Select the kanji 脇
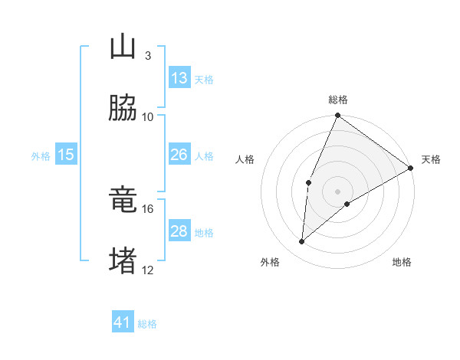coord(123,108)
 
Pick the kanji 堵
coord(123,260)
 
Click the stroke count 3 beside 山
coord(147,56)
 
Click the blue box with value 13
coord(179,78)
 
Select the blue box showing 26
coord(179,155)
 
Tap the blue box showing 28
coord(179,231)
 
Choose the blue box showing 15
coord(66,155)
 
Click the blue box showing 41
coord(123,322)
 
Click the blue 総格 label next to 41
coord(147,324)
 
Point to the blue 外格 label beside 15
coord(41,156)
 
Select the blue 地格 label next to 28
coord(204,233)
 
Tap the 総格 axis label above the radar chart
coord(338,100)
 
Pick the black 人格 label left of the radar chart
coord(245,159)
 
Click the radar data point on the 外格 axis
coord(302,241)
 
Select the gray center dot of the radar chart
coord(338,191)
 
